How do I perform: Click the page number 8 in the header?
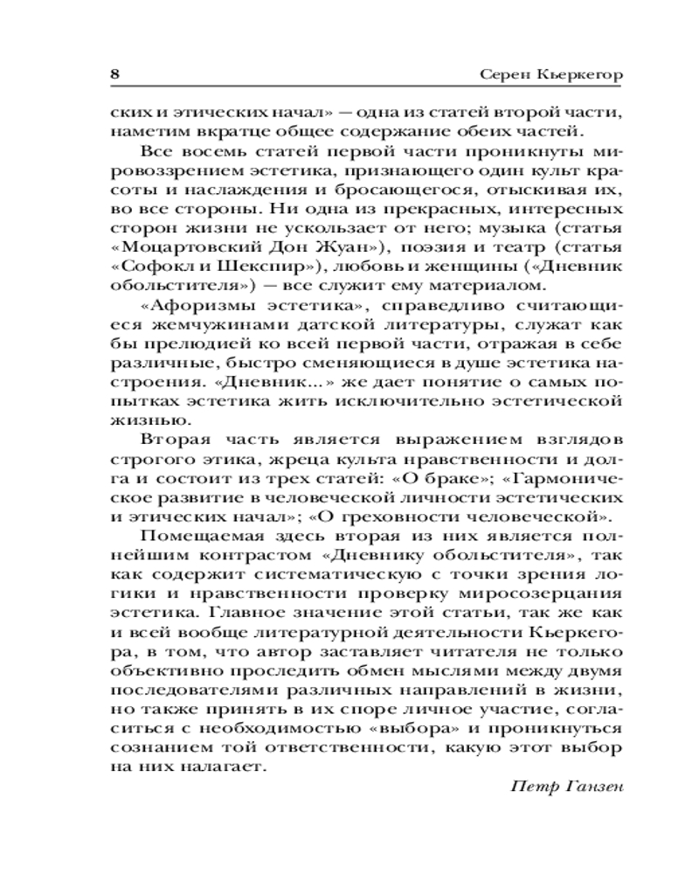tap(114, 74)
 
